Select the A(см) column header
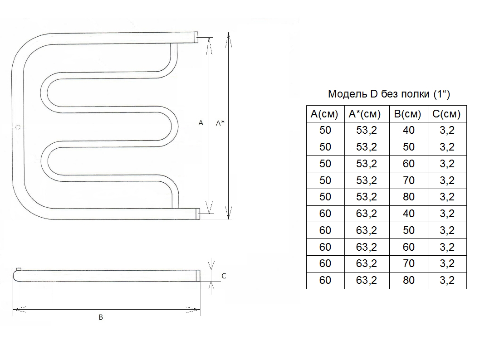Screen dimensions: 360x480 [x=325, y=114]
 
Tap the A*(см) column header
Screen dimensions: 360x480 [x=366, y=114]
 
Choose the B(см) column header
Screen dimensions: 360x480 [x=408, y=114]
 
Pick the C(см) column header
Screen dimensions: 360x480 [x=447, y=114]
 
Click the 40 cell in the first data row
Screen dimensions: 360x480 [x=408, y=131]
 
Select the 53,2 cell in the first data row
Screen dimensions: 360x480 [x=366, y=131]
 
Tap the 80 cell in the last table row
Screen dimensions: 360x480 [x=408, y=280]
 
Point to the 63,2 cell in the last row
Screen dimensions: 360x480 [x=366, y=280]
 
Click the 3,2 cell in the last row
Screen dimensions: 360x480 [x=447, y=280]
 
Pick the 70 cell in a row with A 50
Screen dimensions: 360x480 [x=408, y=180]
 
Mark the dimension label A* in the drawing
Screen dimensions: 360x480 [x=220, y=123]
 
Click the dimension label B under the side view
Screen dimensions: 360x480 [x=101, y=317]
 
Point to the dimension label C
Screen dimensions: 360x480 [x=224, y=276]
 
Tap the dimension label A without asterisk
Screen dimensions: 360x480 [x=201, y=123]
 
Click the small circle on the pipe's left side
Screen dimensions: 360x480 [x=18, y=127]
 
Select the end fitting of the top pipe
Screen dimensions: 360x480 [x=197, y=37]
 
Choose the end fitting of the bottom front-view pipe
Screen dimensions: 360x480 [x=197, y=213]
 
